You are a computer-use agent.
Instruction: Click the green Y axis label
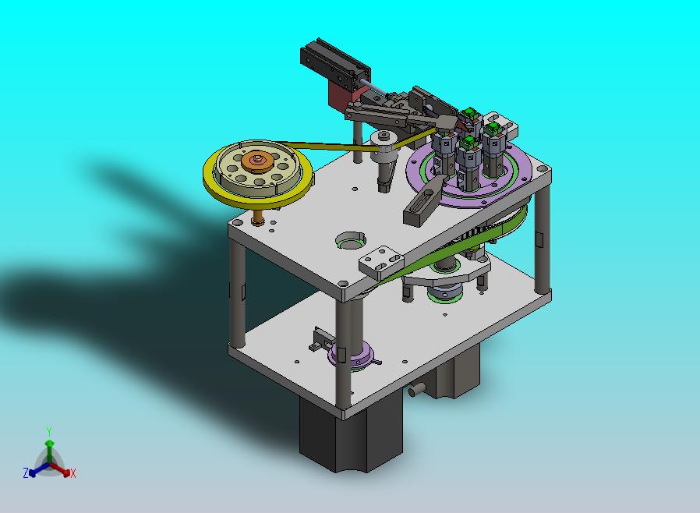click(x=49, y=431)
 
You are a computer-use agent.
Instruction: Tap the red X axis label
click(x=73, y=473)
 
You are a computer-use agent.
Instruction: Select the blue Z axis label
click(x=26, y=472)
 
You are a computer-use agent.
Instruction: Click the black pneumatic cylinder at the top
click(x=335, y=62)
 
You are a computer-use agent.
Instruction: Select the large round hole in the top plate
click(x=351, y=241)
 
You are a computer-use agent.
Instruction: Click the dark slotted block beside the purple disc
click(x=423, y=201)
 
